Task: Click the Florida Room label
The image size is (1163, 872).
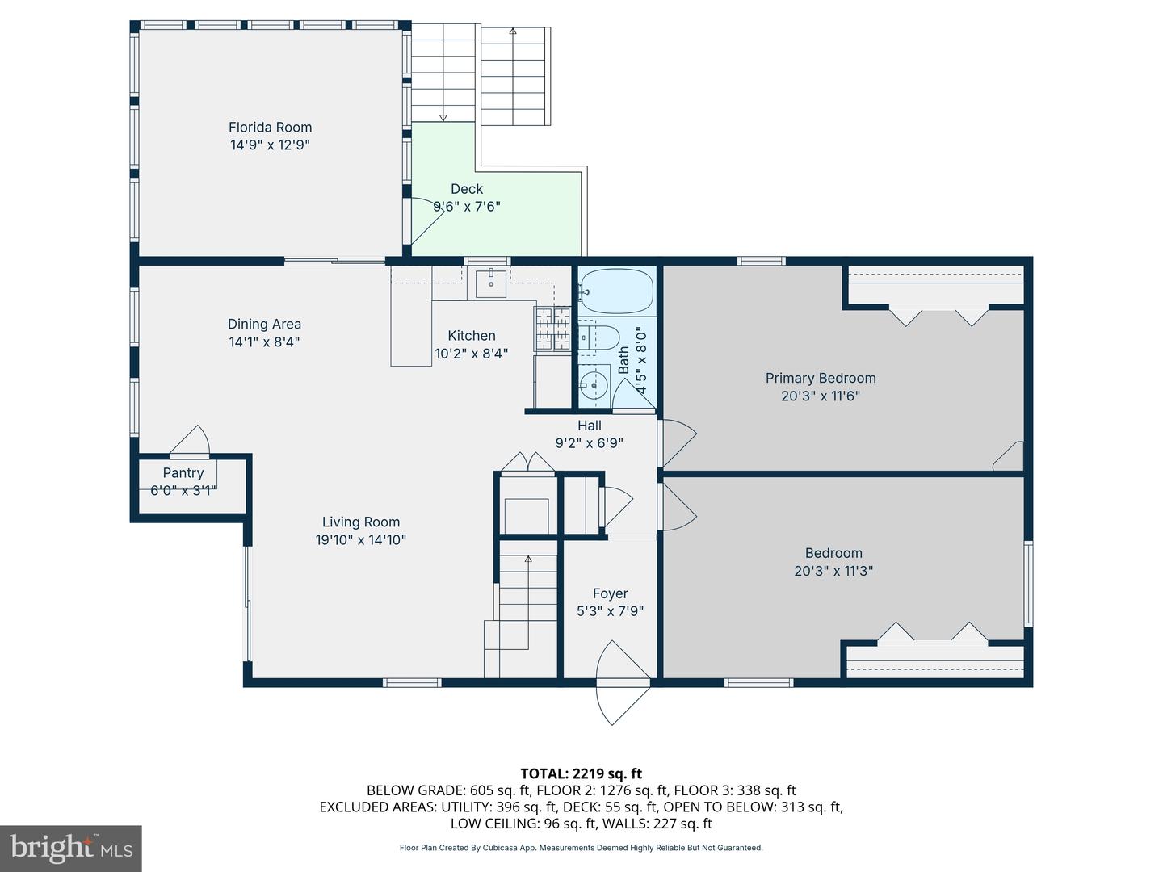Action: coord(271,127)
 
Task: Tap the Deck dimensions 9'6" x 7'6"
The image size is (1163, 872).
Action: coord(467,207)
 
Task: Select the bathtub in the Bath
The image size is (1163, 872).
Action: coord(615,291)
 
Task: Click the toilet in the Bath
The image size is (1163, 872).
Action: coord(598,337)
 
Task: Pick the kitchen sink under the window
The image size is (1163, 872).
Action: coord(491,283)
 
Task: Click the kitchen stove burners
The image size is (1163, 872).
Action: coord(552,329)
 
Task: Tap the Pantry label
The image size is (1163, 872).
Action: coord(183,473)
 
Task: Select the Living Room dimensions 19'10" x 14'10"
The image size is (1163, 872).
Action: coord(361,540)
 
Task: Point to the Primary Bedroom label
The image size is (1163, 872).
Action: coord(821,378)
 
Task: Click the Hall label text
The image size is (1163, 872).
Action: coord(590,426)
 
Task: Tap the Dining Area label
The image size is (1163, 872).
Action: coord(264,324)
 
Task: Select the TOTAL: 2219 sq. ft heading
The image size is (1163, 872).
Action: coord(581,773)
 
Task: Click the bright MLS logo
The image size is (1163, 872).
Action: coord(71,849)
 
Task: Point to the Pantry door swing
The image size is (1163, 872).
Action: coord(190,440)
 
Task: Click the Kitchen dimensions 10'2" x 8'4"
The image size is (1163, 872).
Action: coord(472,353)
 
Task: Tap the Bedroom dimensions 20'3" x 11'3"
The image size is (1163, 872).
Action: coord(833,571)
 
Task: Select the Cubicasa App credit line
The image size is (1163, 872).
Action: coord(581,848)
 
